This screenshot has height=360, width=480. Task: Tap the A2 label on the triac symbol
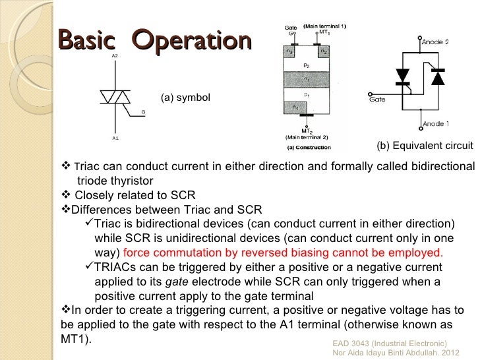[x=115, y=56]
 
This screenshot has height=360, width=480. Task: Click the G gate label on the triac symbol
[x=143, y=112]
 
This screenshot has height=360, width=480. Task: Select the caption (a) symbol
[x=185, y=98]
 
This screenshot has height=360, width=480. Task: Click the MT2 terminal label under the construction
[x=307, y=131]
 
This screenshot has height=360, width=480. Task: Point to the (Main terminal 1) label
[x=326, y=26]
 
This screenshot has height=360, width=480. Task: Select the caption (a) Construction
[x=309, y=147]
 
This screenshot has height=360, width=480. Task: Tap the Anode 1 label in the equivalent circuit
[x=435, y=123]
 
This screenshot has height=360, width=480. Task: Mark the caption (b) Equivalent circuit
[x=425, y=146]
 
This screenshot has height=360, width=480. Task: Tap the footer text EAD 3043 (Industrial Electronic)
[x=390, y=344]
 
